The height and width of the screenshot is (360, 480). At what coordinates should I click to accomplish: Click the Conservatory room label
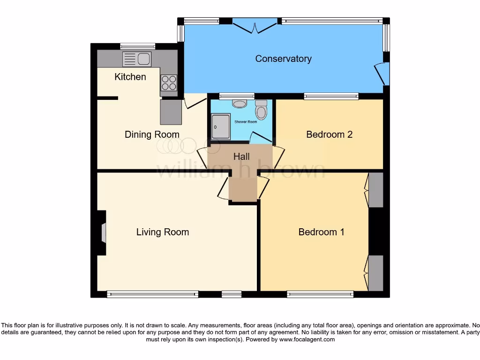click(x=283, y=59)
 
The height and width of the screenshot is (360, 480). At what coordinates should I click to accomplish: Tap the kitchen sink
click(x=137, y=59)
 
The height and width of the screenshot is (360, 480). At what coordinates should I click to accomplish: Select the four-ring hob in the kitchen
click(x=169, y=83)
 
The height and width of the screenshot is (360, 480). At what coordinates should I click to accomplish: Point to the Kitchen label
click(x=130, y=77)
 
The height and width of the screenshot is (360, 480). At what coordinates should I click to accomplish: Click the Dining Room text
click(x=152, y=135)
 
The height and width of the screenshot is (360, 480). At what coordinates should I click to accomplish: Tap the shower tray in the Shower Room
click(x=221, y=127)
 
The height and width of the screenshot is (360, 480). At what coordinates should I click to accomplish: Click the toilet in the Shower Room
click(x=261, y=111)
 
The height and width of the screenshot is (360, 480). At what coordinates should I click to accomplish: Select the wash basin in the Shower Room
click(x=240, y=103)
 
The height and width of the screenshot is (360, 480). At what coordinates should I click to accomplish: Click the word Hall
click(x=241, y=157)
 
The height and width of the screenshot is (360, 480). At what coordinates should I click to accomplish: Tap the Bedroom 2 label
click(x=329, y=135)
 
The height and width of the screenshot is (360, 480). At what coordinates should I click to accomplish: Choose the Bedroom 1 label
click(x=321, y=232)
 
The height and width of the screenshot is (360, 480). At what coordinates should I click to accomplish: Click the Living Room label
click(x=163, y=232)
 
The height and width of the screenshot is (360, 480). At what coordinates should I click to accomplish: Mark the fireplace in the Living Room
click(x=103, y=232)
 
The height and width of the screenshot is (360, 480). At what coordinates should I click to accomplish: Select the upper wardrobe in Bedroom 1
click(x=375, y=190)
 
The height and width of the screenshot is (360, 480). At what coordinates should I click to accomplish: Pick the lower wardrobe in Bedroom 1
click(x=375, y=273)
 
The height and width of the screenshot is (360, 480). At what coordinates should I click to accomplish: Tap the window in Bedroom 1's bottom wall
click(x=320, y=294)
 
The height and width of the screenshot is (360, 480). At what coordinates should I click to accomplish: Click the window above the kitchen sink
click(x=137, y=46)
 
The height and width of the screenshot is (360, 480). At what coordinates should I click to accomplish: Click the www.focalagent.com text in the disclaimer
click(x=307, y=339)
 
